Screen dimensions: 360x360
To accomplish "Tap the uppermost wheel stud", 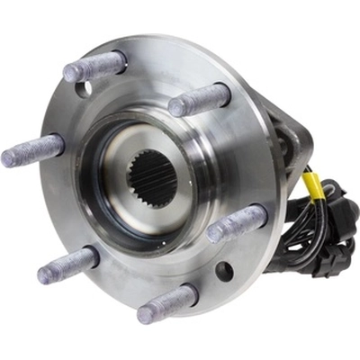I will click(x=94, y=66).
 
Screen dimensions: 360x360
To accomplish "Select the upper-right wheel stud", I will click(x=200, y=99).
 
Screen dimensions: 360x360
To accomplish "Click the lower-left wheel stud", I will click(x=67, y=265).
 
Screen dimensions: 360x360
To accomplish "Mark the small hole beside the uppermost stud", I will click(x=84, y=90).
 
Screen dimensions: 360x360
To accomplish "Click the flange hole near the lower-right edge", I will click(x=224, y=269).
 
